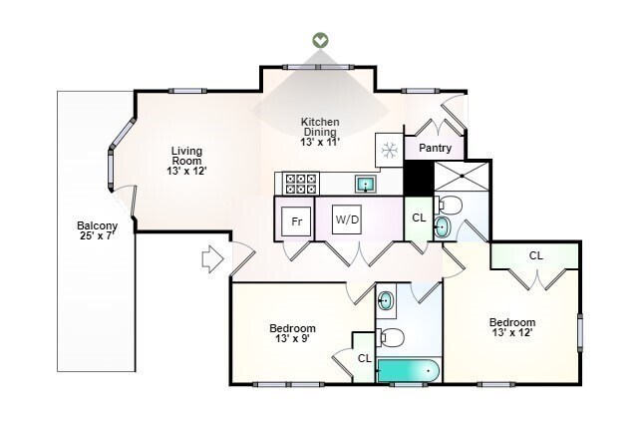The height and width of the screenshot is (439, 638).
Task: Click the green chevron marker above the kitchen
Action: [x=321, y=40]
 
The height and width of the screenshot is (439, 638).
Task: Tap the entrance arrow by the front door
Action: [x=212, y=259]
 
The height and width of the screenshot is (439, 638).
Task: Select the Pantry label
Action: [x=435, y=148]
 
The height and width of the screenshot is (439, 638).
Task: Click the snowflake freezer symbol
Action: [x=390, y=151]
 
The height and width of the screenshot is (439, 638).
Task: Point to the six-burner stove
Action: [x=301, y=184]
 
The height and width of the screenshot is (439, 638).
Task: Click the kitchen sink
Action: [x=366, y=184]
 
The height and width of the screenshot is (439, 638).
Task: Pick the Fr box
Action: [x=297, y=221]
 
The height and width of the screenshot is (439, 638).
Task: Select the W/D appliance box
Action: [x=347, y=219]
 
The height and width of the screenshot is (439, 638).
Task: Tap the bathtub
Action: [x=408, y=370]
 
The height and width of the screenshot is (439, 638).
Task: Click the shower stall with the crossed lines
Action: [x=462, y=176]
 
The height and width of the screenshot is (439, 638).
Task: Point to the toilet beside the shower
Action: [x=448, y=206]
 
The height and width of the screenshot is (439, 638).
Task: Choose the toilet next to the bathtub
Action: [x=390, y=337]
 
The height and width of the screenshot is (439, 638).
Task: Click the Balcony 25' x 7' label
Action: [x=98, y=230]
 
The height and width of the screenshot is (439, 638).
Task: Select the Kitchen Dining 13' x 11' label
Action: [x=320, y=132]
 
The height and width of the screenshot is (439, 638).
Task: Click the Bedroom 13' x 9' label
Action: [x=292, y=333]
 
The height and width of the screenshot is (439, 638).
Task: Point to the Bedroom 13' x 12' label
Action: [x=512, y=327]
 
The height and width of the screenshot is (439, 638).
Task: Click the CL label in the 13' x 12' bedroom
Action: [x=536, y=255]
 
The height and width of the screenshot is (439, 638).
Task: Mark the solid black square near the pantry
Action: [x=418, y=178]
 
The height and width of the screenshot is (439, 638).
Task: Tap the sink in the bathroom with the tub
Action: [x=386, y=301]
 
